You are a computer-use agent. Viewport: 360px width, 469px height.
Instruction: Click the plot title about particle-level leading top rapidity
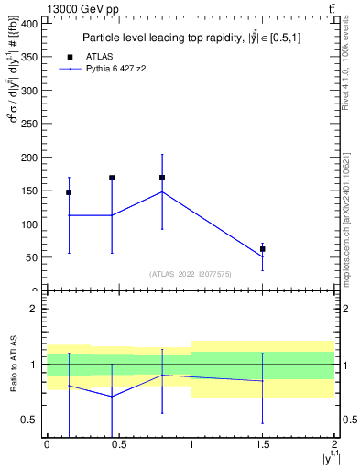coord(191,38)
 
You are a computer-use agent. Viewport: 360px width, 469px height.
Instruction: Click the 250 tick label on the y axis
coord(29,124)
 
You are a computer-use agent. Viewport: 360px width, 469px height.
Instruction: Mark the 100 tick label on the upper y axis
coord(29,224)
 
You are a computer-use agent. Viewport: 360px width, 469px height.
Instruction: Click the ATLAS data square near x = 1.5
coord(263,249)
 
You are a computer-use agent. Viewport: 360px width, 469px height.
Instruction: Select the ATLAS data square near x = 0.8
coord(162,178)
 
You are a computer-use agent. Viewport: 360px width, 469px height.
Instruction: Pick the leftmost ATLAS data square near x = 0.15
coord(69,192)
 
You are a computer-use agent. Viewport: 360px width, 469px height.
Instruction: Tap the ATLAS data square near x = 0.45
coord(112,178)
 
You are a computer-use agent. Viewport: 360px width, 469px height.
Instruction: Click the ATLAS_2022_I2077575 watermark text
coord(191,274)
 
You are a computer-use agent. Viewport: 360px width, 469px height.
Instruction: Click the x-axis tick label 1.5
coord(263,444)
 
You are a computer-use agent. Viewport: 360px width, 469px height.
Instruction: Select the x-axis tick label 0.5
coord(118,444)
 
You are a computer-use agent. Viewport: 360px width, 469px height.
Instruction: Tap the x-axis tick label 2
coord(334,444)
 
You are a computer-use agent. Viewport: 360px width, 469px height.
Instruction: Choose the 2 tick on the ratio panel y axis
coord(35,309)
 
